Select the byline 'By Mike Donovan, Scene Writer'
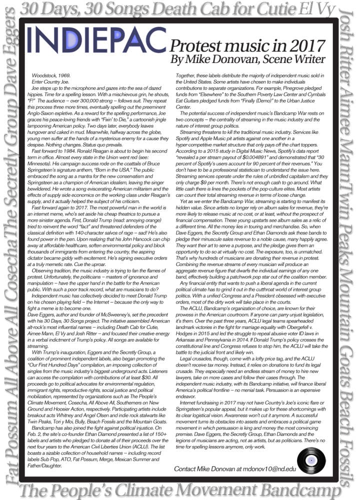point(254,60)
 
